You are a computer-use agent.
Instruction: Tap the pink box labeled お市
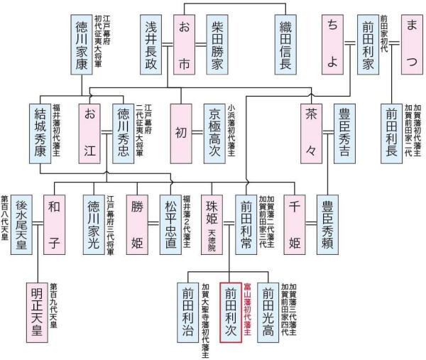[x=183, y=43]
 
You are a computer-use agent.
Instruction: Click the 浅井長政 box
[x=151, y=43]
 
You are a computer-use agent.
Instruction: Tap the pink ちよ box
[x=332, y=43]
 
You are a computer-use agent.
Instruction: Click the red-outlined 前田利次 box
[x=231, y=312]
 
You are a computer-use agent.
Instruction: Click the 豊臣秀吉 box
[x=345, y=133]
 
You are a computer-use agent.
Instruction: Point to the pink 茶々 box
[x=311, y=133]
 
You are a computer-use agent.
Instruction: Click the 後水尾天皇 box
[x=22, y=224]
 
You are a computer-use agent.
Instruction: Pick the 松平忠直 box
[x=170, y=224]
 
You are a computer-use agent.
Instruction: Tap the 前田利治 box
[x=187, y=312]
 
